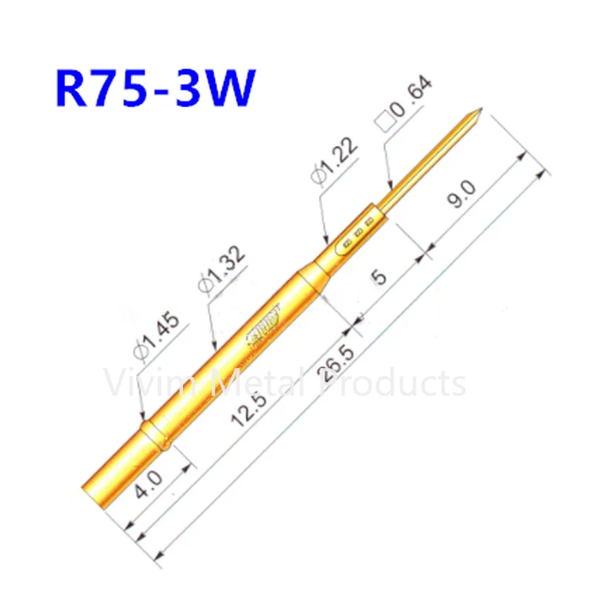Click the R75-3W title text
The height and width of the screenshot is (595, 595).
(x=155, y=90)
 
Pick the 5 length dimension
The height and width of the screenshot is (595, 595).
(x=379, y=277)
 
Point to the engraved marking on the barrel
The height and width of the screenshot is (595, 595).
(x=264, y=324)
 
